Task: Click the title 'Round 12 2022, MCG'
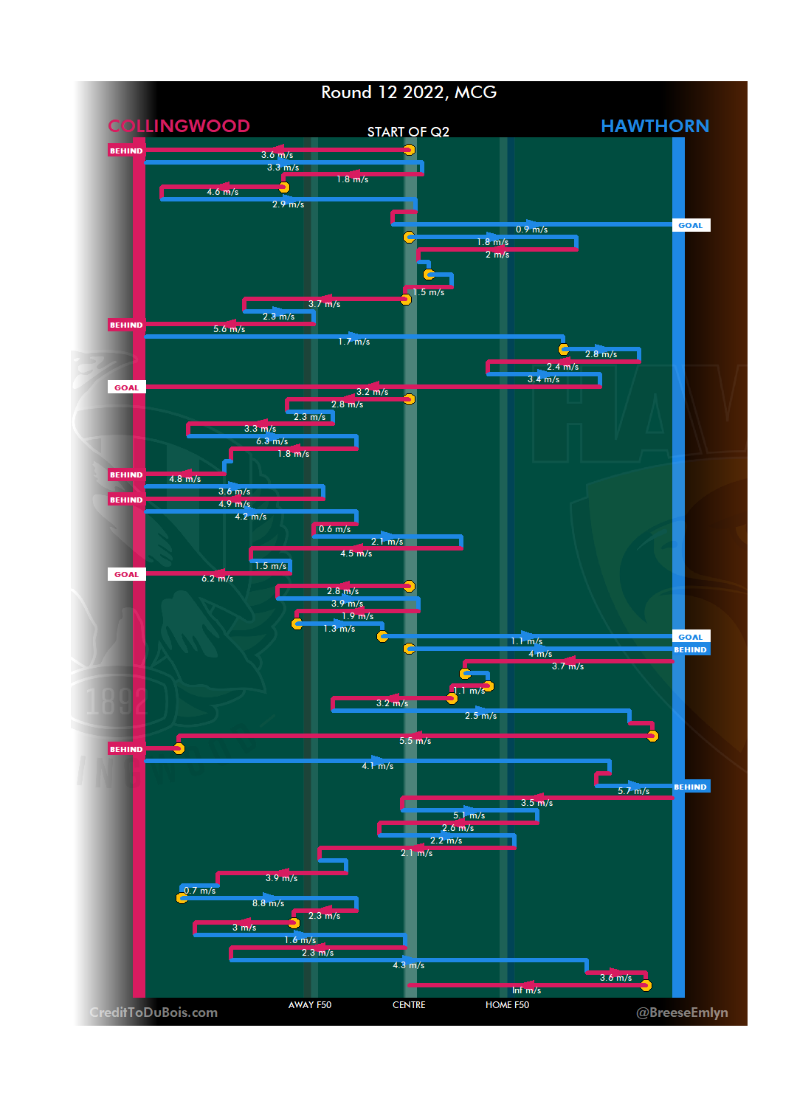point(409,92)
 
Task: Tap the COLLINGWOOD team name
point(179,126)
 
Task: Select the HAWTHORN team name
point(655,126)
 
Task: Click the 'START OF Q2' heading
point(408,132)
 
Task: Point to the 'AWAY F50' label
point(310,1005)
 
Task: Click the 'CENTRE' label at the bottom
point(409,1005)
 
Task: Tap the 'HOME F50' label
point(507,1005)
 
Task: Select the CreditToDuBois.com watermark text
point(153,1012)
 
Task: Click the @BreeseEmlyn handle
point(682,1012)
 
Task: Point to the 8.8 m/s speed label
point(268,903)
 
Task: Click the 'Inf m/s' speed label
point(526,990)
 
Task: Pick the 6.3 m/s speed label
point(272,441)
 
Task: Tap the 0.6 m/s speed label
point(334,529)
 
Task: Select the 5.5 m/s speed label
point(415,741)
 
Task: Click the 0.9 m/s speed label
point(531,230)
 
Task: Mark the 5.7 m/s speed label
point(633,791)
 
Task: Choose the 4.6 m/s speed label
point(222,192)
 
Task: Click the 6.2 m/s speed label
point(217,579)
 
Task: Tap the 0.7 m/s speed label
point(200,891)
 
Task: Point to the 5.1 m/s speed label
point(469,815)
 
